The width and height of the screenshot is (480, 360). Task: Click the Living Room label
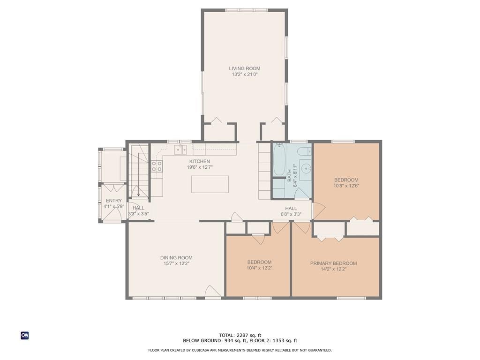tap(245, 68)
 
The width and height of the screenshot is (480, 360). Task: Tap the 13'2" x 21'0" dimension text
tap(245, 75)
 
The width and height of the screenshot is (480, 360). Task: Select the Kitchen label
tap(200, 161)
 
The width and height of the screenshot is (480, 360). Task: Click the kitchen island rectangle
tap(210, 184)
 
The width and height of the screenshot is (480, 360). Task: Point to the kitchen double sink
tap(180, 150)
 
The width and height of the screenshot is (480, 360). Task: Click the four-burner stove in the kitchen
tap(157, 166)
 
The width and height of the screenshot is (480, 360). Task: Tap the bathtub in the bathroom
tap(279, 159)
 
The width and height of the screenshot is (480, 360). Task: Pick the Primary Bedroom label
tap(333, 263)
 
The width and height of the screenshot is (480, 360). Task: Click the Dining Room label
tap(176, 258)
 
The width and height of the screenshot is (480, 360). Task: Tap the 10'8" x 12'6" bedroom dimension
tap(346, 186)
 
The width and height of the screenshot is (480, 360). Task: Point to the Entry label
tap(114, 201)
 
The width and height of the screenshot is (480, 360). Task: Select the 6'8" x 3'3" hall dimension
tap(291, 214)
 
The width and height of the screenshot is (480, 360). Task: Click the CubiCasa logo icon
tap(25, 336)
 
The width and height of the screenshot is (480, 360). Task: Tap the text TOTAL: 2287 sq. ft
tap(240, 335)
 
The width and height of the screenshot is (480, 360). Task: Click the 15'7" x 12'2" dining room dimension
tap(176, 263)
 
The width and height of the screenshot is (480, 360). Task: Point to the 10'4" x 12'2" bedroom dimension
tap(259, 268)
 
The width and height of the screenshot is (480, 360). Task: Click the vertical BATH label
tap(289, 176)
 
